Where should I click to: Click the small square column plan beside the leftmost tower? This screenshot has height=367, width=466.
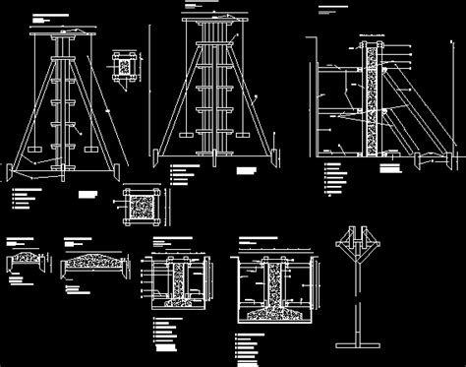click(x=123, y=64)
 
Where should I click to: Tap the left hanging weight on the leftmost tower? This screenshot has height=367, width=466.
click(x=34, y=151)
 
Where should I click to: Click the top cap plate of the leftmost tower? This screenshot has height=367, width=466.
click(x=63, y=33)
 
